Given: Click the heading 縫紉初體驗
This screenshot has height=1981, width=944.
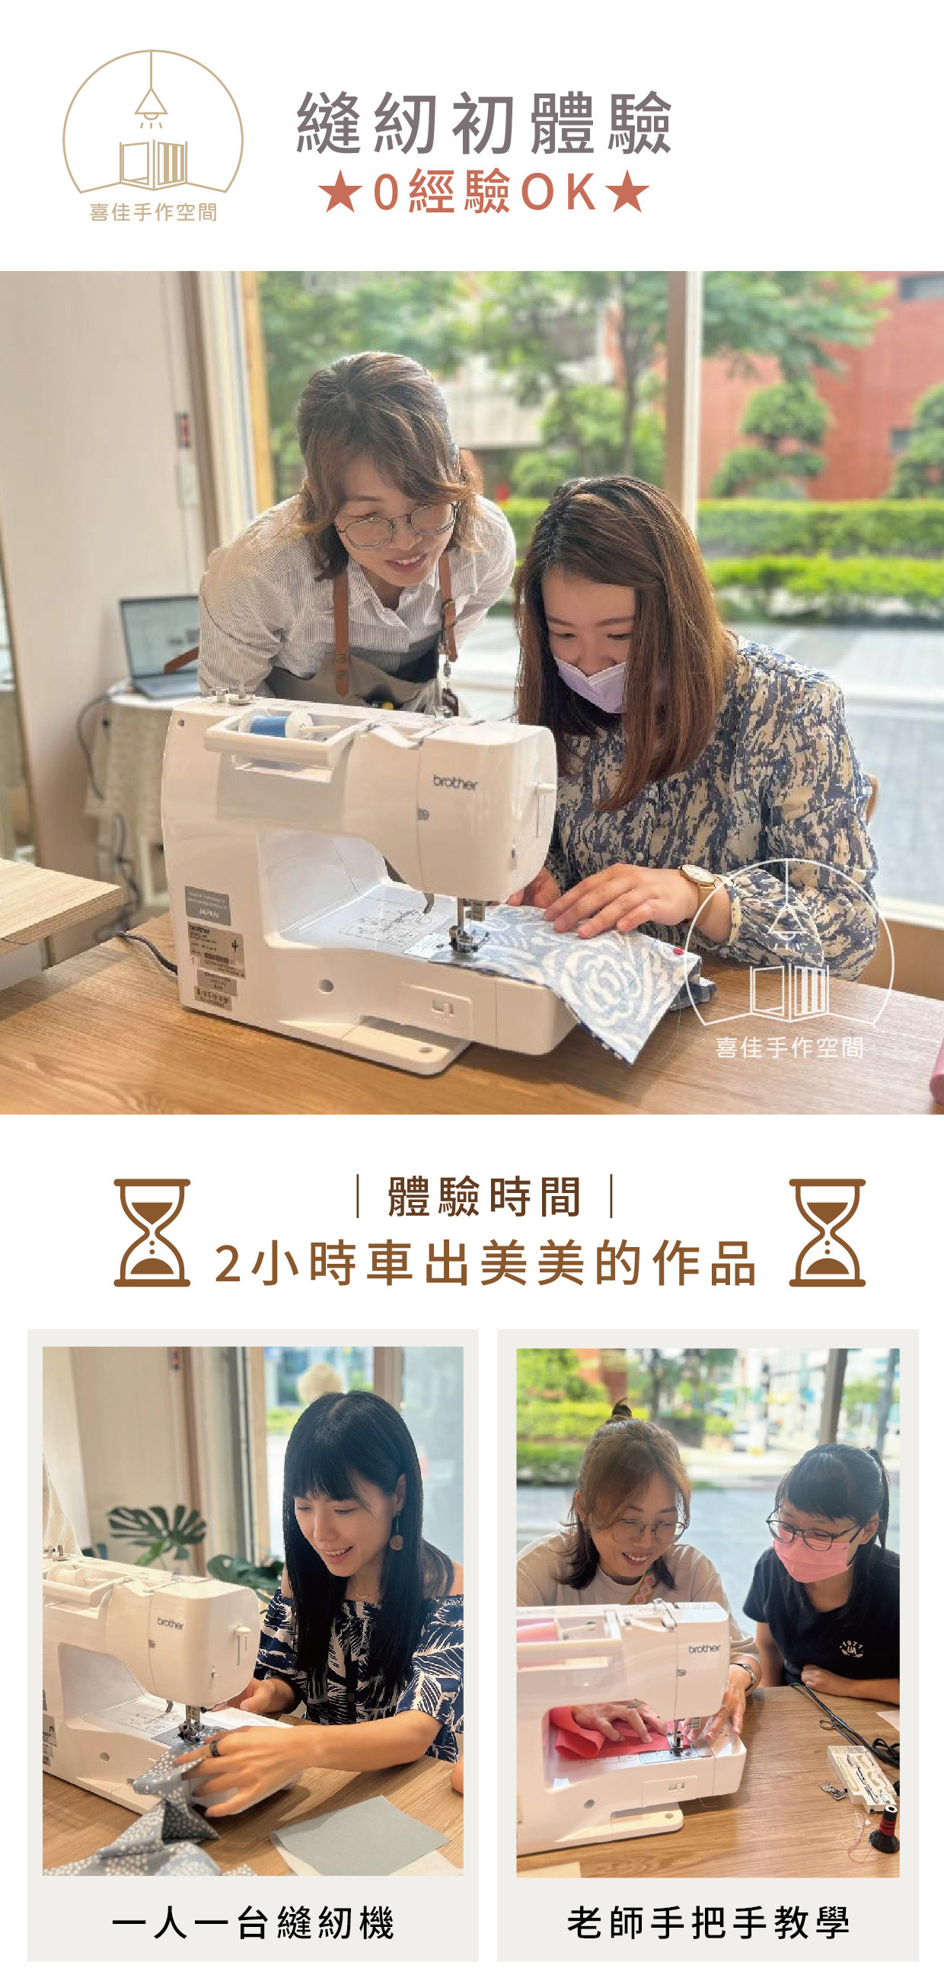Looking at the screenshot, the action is pyautogui.click(x=483, y=123).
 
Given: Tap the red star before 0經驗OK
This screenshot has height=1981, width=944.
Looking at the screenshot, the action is pyautogui.click(x=340, y=192).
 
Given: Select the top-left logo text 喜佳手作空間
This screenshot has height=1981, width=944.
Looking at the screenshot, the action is pyautogui.click(x=153, y=212).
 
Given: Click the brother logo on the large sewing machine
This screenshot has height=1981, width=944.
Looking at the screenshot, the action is pyautogui.click(x=454, y=782).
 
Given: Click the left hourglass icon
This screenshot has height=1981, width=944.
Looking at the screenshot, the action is pyautogui.click(x=151, y=1232).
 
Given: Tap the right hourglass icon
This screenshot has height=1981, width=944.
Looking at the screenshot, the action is pyautogui.click(x=828, y=1232).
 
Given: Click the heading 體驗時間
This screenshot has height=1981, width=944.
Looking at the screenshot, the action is pyautogui.click(x=484, y=1197).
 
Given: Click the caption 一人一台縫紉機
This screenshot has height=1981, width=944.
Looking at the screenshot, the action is pyautogui.click(x=253, y=1922).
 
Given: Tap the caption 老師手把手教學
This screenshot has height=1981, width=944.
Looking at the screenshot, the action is pyautogui.click(x=708, y=1922).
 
